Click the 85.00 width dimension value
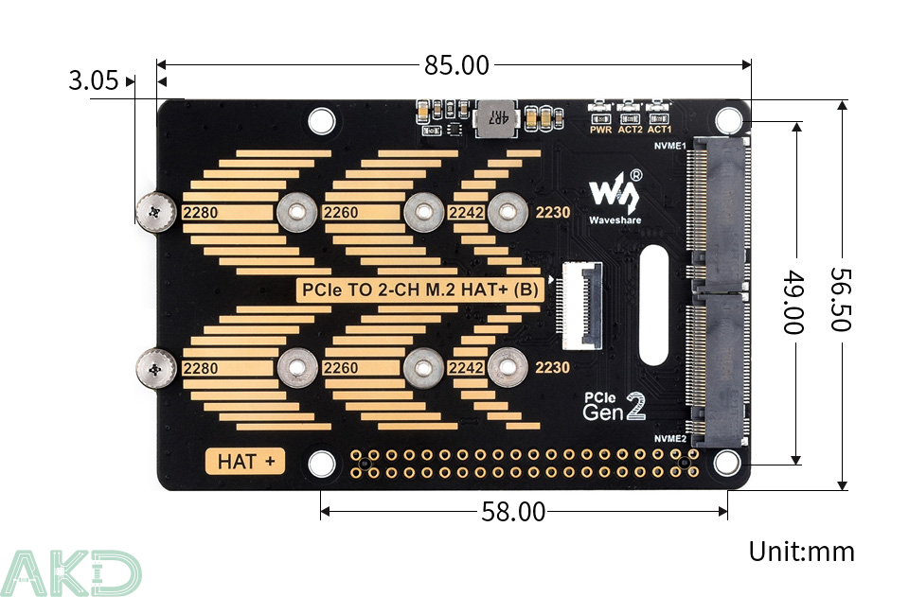(456, 65)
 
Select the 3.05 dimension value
(93, 81)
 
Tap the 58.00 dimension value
(513, 512)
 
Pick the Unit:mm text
(801, 552)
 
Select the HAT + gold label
(245, 462)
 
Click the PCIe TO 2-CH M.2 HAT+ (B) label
(420, 290)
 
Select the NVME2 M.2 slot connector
(719, 368)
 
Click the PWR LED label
(600, 130)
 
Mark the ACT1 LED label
(659, 130)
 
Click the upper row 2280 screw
(153, 211)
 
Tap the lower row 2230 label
(553, 367)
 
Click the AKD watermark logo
(71, 573)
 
